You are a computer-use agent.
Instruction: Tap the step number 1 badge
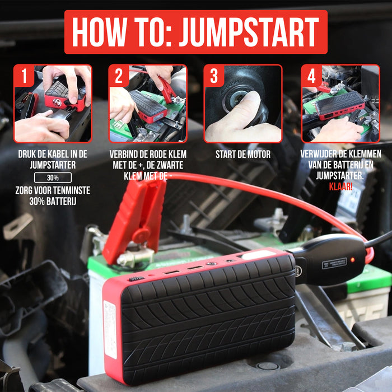[24, 76]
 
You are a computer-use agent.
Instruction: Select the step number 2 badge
[119, 76]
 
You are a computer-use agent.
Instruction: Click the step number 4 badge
[311, 76]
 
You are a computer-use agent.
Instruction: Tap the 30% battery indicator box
[53, 178]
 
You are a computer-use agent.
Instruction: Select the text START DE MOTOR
[243, 154]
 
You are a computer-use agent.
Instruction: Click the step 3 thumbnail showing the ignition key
[243, 104]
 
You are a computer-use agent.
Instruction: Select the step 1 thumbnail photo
[53, 104]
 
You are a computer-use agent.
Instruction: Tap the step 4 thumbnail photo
[340, 104]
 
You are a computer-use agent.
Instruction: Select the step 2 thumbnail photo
[148, 104]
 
